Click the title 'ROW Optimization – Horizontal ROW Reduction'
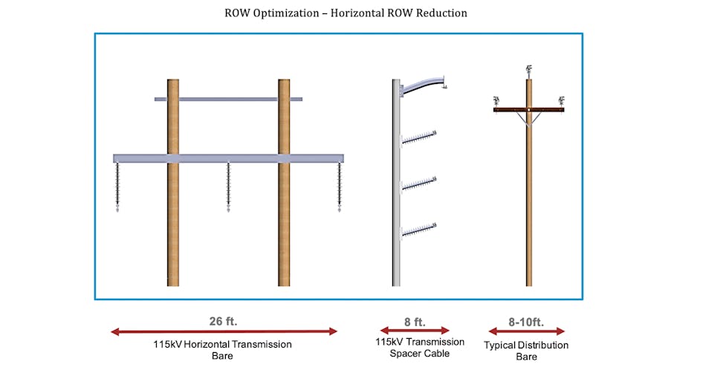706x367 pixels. click(x=346, y=13)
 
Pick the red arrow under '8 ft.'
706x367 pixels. click(x=415, y=331)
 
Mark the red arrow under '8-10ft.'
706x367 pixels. click(x=526, y=331)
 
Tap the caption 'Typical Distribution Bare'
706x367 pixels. click(x=526, y=351)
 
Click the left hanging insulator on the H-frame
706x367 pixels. click(x=118, y=186)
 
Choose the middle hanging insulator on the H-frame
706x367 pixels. click(x=228, y=186)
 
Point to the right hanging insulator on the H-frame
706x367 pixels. click(x=340, y=186)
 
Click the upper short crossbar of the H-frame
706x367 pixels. click(x=228, y=99)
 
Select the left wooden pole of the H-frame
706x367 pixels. click(x=173, y=223)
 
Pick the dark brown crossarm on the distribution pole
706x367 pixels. click(x=528, y=110)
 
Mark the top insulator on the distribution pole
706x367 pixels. click(x=528, y=71)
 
